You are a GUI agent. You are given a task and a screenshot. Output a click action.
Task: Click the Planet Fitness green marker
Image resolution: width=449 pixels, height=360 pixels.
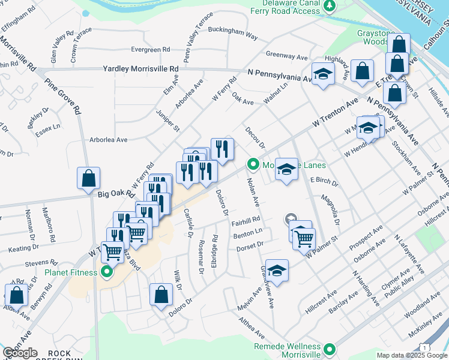coord(107,273)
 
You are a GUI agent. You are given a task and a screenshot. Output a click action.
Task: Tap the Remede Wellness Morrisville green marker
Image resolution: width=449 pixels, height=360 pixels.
coord(330,349)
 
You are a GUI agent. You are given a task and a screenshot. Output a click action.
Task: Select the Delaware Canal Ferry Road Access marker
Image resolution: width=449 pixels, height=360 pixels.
coord(329,6)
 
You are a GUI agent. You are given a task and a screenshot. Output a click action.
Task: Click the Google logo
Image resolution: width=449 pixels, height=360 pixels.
coord(20,353)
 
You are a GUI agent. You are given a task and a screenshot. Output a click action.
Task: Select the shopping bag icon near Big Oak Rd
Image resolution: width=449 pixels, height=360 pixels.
coord(88,178)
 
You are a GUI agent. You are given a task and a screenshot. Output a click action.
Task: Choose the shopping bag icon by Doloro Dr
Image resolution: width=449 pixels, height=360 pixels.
coord(161,295)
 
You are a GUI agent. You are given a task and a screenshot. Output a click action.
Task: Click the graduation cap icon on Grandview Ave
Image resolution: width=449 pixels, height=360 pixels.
coord(277,271)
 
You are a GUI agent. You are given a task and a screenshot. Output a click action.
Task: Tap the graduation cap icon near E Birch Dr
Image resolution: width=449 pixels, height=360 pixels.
coord(287,169)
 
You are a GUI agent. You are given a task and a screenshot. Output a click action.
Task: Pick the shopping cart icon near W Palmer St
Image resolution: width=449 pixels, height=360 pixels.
coord(304,238)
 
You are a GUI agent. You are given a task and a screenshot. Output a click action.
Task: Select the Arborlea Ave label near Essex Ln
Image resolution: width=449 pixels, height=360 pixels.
coord(109,140)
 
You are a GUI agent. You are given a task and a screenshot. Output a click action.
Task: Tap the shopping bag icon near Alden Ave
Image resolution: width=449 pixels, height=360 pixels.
coord(16,295)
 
